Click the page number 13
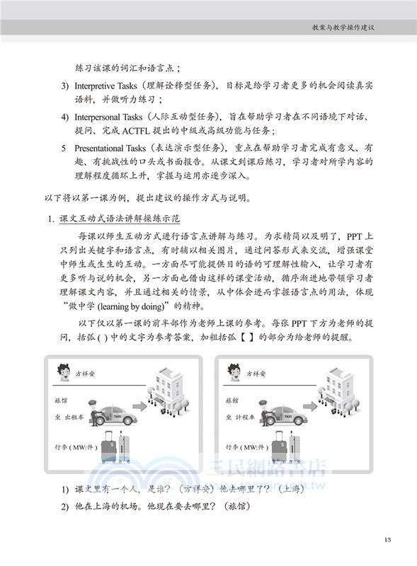[x=387, y=540]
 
